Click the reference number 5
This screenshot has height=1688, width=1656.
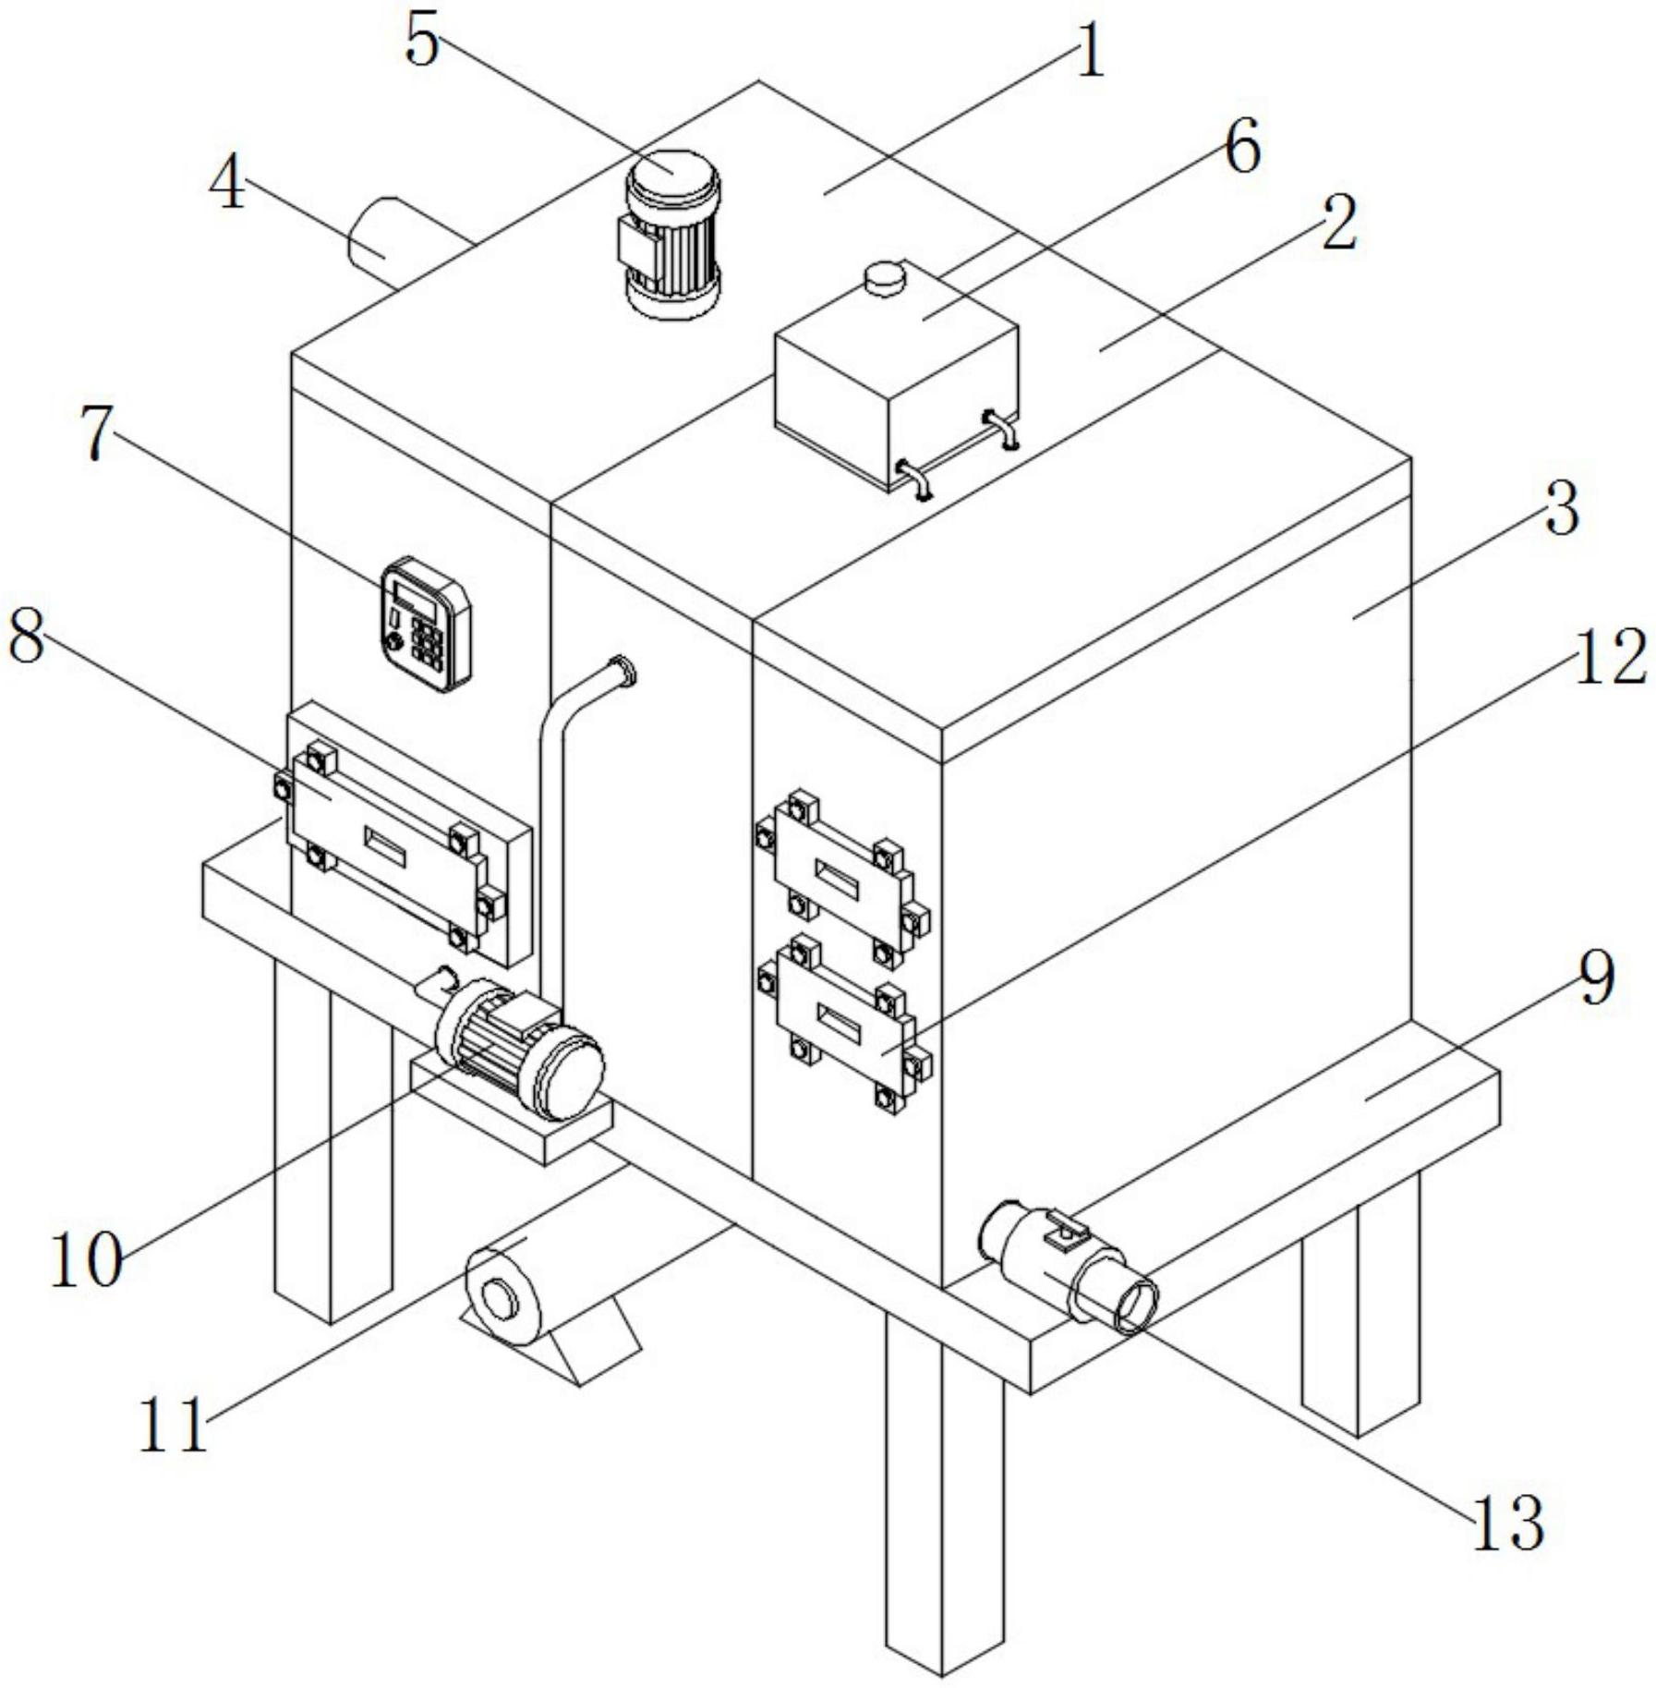click(422, 42)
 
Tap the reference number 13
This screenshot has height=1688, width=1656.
click(1508, 1522)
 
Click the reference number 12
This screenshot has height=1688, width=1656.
click(1610, 658)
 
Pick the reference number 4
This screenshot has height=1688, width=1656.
click(227, 185)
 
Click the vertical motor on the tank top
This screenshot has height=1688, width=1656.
click(672, 236)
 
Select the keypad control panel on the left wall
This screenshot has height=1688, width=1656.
click(427, 624)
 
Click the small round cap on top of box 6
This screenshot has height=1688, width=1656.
click(886, 278)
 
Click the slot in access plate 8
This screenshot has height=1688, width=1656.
click(385, 846)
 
